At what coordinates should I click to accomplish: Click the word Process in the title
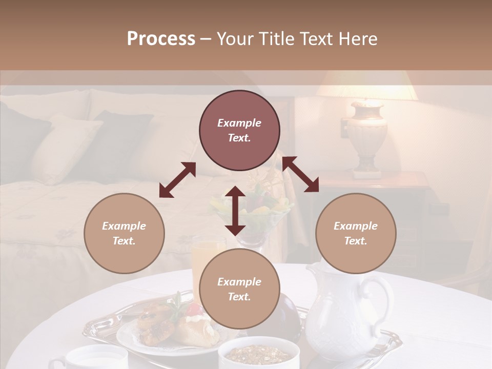[x=161, y=38]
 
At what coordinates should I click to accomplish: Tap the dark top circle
[x=239, y=131]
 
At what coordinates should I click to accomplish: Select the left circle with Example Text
[x=124, y=233]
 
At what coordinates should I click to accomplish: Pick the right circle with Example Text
[x=356, y=233]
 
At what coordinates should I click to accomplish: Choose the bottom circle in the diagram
[x=239, y=289]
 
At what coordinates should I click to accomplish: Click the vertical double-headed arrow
[x=235, y=211]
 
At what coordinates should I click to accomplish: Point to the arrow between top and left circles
[x=177, y=180]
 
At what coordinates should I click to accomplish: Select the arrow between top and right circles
[x=300, y=174]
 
